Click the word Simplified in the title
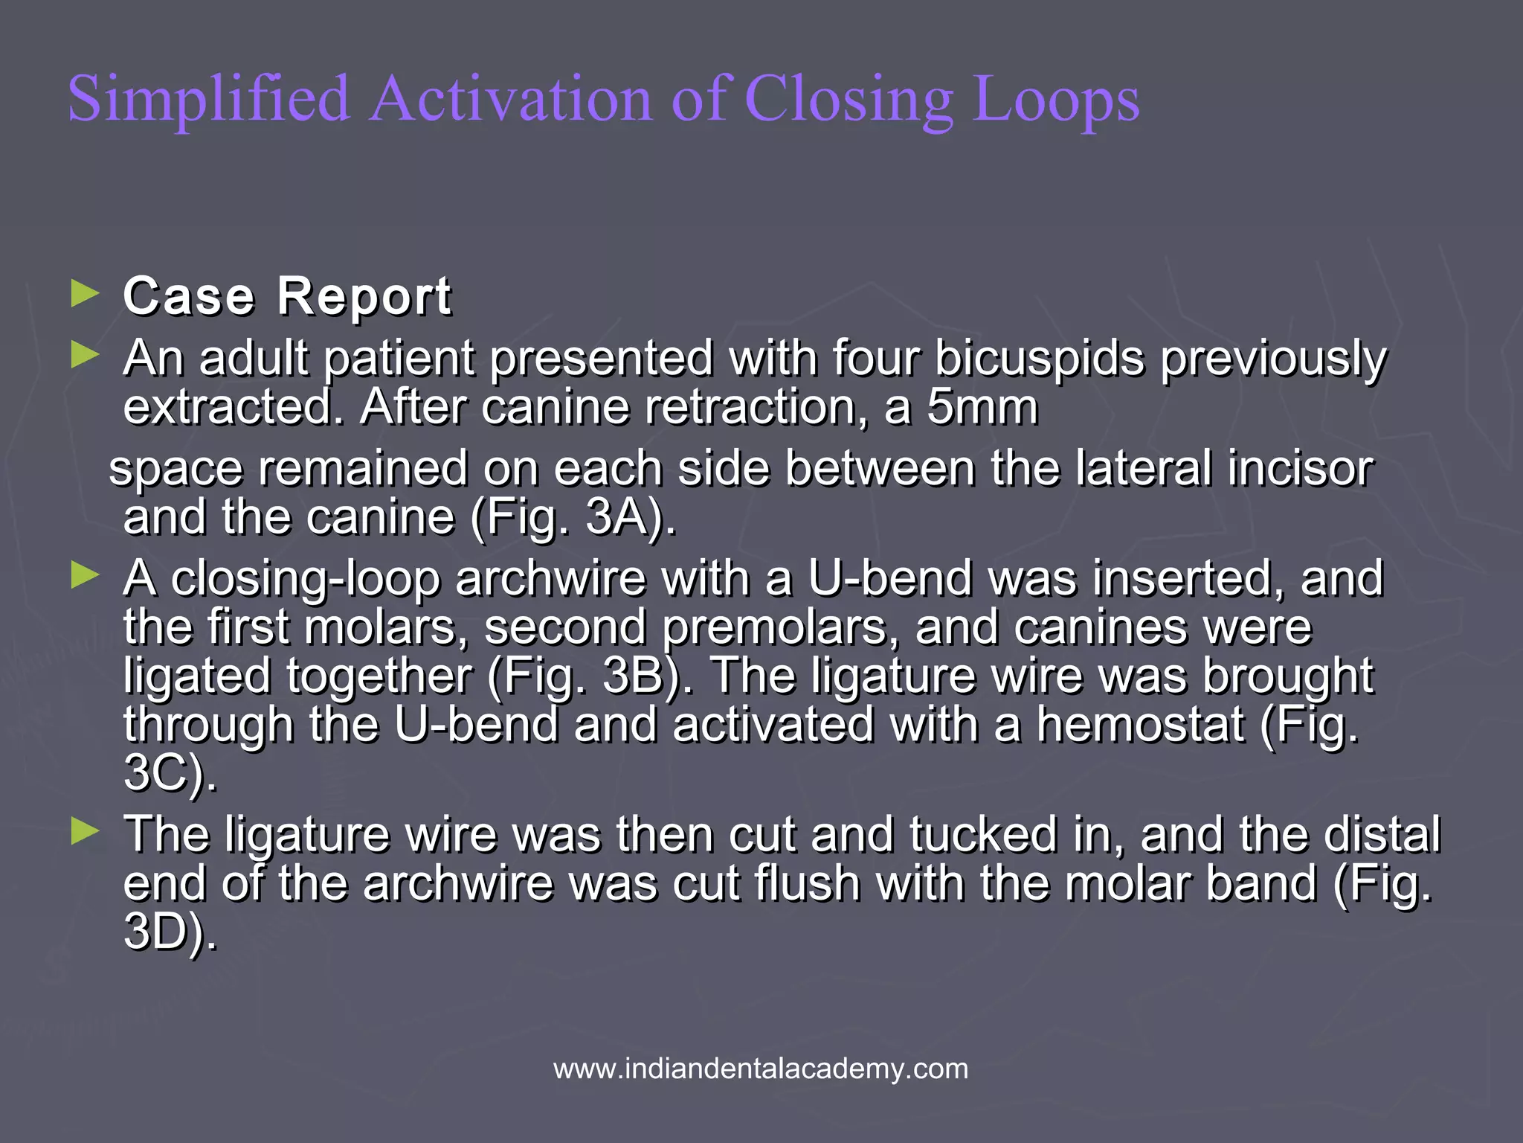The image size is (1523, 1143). point(208,100)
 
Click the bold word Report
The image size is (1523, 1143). point(364,296)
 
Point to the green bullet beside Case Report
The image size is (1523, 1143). point(85,295)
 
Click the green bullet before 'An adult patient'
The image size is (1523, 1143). point(85,356)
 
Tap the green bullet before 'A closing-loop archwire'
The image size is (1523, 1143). point(85,576)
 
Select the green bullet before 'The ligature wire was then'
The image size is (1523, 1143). point(85,831)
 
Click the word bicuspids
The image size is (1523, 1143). point(1040,359)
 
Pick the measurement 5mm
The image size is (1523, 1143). point(982,408)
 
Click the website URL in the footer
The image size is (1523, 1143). point(761,1069)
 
